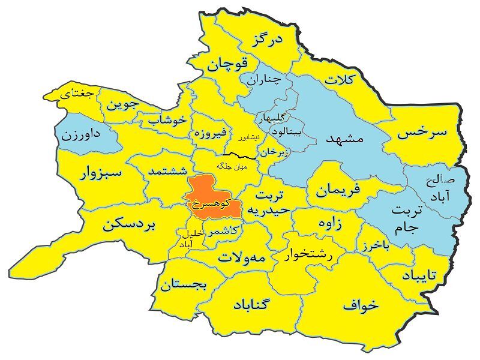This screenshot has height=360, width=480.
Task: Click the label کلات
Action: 340,79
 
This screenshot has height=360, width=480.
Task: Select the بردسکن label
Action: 129,225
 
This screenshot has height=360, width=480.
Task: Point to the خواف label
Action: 361,304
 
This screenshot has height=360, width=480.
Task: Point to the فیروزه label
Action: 208,133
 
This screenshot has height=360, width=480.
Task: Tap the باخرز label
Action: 380,245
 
